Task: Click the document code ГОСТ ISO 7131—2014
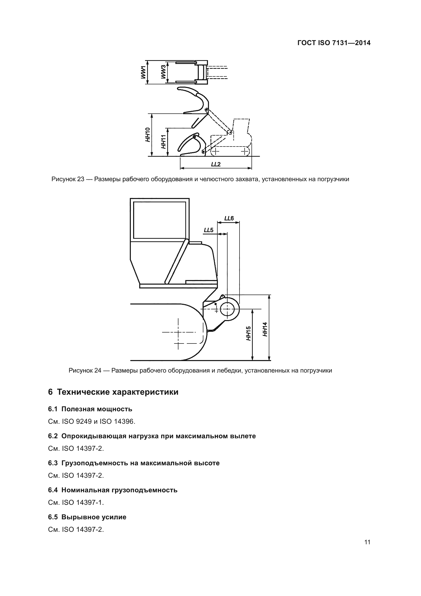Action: coord(334,43)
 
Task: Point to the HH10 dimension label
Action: coord(148,135)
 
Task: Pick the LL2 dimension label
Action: coord(216,164)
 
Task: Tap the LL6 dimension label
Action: coord(229,218)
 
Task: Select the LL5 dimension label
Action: coord(208,230)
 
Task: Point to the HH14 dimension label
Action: coord(265,329)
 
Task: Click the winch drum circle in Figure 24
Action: coord(227,309)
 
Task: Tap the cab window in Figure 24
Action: coord(159,220)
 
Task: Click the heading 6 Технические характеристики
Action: coord(113,392)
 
